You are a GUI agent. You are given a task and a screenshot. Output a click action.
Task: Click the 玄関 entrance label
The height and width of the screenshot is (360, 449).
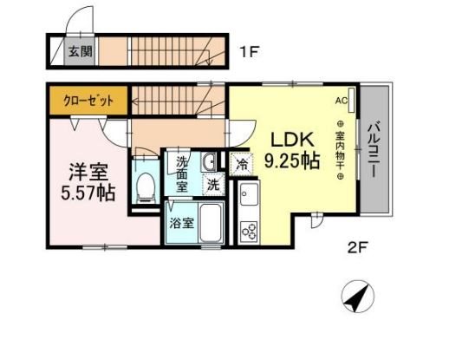click(81, 52)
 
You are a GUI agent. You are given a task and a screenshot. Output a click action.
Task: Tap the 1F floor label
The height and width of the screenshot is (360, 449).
click(249, 52)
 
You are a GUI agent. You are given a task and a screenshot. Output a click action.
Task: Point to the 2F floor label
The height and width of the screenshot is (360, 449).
click(357, 247)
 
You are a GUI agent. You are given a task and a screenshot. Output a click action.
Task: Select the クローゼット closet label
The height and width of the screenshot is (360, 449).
click(88, 101)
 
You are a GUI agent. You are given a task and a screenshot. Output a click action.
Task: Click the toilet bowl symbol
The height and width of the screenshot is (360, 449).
click(146, 187)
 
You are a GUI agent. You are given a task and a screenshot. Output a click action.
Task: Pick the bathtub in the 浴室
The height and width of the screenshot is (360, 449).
click(211, 223)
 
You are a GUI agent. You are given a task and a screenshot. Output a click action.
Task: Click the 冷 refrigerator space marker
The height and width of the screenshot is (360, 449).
click(242, 164)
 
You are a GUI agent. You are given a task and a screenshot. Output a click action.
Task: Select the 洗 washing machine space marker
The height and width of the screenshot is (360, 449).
click(213, 185)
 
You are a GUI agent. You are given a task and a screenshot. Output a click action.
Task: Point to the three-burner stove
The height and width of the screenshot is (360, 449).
click(249, 231)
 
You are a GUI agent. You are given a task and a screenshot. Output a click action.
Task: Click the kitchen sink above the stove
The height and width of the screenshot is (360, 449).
click(249, 194)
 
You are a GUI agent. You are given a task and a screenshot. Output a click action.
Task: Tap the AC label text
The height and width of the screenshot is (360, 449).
click(342, 101)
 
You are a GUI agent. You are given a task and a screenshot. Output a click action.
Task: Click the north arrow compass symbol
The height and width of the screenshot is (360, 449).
click(357, 297)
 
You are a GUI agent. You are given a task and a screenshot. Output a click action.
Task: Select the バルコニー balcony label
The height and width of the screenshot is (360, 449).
click(374, 150)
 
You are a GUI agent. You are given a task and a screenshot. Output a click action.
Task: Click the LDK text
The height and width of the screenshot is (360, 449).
click(292, 140)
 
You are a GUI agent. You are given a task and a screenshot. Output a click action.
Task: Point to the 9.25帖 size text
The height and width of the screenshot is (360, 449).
click(292, 160)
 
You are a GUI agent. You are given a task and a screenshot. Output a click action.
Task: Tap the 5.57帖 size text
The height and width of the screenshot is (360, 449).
click(88, 193)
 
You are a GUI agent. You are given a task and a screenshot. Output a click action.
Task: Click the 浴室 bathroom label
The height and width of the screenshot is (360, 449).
click(181, 223)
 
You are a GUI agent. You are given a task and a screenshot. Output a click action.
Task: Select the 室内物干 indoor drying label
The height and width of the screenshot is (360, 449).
click(341, 150)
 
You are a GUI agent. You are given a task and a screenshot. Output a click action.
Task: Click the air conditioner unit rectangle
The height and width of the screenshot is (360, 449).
click(351, 101)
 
